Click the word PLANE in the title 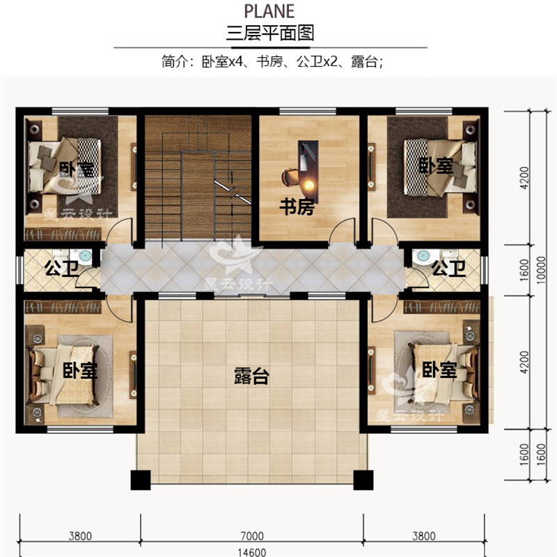[269, 11]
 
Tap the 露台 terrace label [251, 376]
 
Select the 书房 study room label [297, 207]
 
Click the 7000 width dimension [252, 535]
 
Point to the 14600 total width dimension [252, 552]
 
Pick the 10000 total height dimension [541, 270]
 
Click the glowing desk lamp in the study [308, 185]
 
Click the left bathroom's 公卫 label [62, 268]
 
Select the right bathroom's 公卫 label [448, 268]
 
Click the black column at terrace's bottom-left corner [141, 480]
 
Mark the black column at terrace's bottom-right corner [363, 480]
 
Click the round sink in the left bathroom [85, 256]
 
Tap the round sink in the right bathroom [423, 256]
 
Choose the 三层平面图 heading [270, 33]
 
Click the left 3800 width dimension [80, 535]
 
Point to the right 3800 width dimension [424, 535]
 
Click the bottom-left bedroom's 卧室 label [79, 370]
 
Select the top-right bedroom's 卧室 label [436, 165]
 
